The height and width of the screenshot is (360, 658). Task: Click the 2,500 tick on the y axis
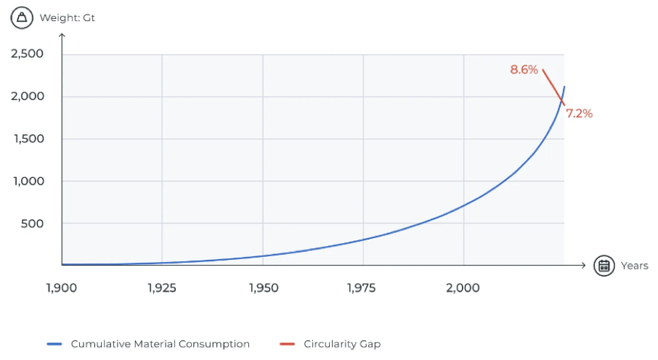pyautogui.click(x=28, y=54)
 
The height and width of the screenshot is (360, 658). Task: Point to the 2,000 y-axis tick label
pyautogui.click(x=28, y=97)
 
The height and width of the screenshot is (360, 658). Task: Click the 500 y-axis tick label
pyautogui.click(x=32, y=224)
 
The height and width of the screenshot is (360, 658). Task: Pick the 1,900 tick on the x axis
pyautogui.click(x=62, y=287)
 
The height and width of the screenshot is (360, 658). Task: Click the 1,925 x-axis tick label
pyautogui.click(x=161, y=287)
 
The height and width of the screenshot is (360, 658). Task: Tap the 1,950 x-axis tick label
pyautogui.click(x=262, y=287)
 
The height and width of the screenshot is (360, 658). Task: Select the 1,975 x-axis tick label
pyautogui.click(x=362, y=287)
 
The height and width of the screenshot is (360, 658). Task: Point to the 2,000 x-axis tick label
pyautogui.click(x=463, y=287)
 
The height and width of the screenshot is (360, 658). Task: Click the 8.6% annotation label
pyautogui.click(x=524, y=70)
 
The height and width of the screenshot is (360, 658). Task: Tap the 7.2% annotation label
pyautogui.click(x=579, y=113)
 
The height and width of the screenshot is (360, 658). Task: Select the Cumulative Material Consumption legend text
pyautogui.click(x=160, y=344)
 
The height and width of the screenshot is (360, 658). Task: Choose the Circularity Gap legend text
pyautogui.click(x=342, y=344)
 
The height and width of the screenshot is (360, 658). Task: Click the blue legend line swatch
pyautogui.click(x=56, y=344)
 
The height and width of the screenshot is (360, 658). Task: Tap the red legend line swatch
pyautogui.click(x=288, y=344)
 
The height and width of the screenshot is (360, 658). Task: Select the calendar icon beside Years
pyautogui.click(x=604, y=266)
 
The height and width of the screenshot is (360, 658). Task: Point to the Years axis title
pyautogui.click(x=635, y=266)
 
